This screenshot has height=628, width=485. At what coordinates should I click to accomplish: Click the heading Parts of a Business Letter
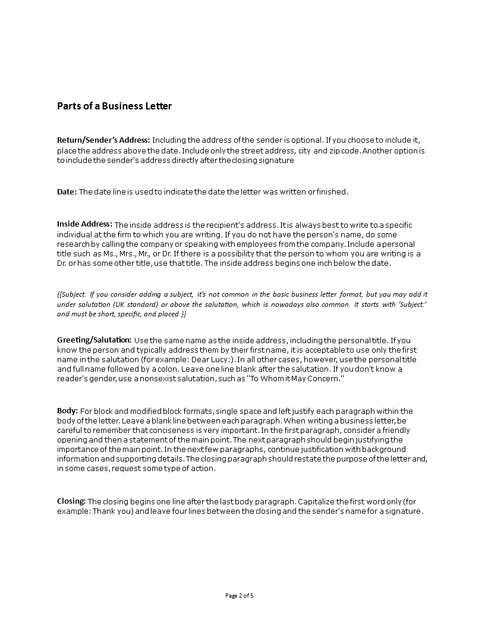pos(114,106)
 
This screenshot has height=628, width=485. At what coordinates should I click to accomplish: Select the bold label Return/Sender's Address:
pos(103,139)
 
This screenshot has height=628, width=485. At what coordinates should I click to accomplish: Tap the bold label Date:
pos(67,191)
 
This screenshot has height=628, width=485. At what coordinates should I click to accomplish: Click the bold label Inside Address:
pos(84,224)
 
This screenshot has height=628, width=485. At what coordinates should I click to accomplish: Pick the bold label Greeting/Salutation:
pos(94,339)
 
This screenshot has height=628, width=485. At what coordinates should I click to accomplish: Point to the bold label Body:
pos(67,410)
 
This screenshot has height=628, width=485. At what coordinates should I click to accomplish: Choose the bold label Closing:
pos(71,501)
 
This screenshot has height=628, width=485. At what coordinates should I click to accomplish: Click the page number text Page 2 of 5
pos(242,595)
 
